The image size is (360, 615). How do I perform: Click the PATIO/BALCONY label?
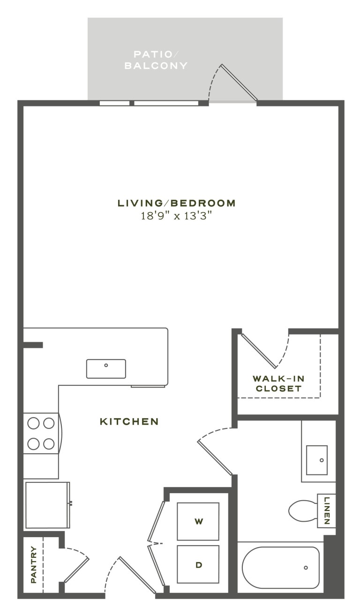click(x=156, y=60)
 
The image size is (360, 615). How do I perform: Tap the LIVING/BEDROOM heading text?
click(x=177, y=203)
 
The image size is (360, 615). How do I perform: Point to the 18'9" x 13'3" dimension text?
click(x=177, y=216)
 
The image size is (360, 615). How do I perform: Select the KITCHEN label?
click(x=129, y=421)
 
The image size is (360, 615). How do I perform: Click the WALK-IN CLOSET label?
click(x=278, y=383)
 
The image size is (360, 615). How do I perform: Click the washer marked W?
click(x=198, y=521)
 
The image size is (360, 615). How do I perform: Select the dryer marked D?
click(x=198, y=564)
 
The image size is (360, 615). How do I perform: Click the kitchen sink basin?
click(x=106, y=369)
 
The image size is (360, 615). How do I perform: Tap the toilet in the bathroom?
click(x=303, y=510)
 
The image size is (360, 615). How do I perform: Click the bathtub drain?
click(x=306, y=568)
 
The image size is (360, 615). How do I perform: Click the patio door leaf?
click(x=239, y=82)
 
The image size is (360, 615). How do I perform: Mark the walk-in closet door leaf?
click(x=259, y=351)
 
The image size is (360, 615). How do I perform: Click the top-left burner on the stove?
click(x=33, y=423)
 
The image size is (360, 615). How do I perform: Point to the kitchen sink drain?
click(x=106, y=365)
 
